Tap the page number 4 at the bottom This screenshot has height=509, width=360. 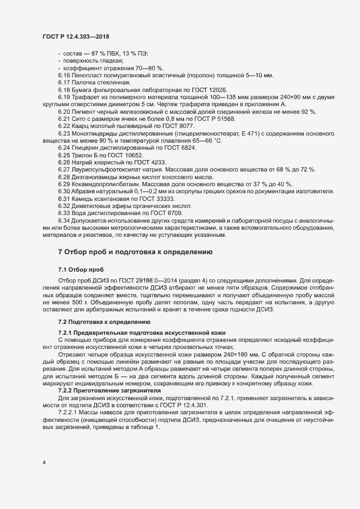[44, 463]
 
